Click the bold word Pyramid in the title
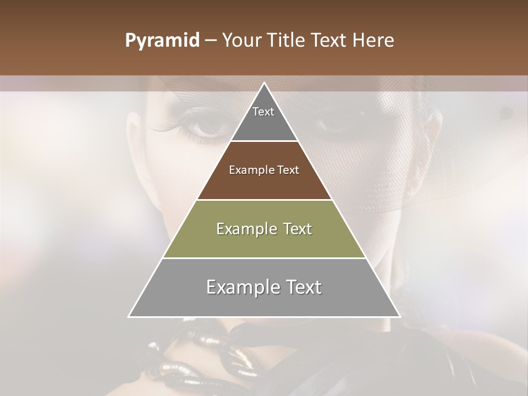162,41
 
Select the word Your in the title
241,41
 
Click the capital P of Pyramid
130,41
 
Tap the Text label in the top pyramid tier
263,112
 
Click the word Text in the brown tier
288,170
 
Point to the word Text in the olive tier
297,229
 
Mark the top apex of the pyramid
264,83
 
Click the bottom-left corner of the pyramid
129,316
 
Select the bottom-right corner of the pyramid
399,316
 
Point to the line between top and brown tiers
264,141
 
